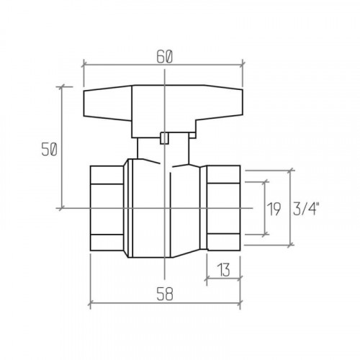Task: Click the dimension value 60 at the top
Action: click(164, 58)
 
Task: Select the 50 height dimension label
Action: click(49, 149)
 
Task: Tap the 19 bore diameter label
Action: click(274, 209)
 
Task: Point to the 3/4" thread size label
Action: click(306, 209)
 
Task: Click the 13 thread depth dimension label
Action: click(223, 270)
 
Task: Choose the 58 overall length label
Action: click(165, 294)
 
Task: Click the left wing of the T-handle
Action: click(108, 103)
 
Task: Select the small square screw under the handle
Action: click(164, 138)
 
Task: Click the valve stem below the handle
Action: click(163, 149)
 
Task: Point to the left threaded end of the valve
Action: click(107, 208)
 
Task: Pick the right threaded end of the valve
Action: click(224, 208)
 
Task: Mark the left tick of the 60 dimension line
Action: click(84, 65)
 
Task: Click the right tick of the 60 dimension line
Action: click(243, 64)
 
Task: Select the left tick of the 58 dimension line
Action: click(90, 304)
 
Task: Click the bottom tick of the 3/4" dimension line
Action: click(291, 245)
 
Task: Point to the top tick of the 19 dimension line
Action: click(265, 182)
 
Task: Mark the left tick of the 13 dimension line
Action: click(207, 279)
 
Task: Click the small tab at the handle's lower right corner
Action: click(192, 135)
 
